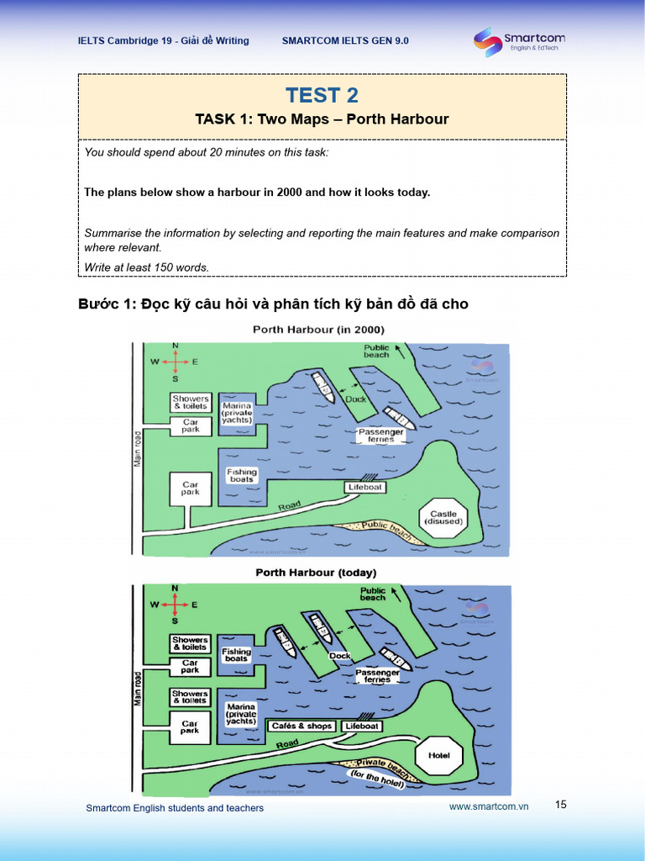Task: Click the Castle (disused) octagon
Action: (443, 517)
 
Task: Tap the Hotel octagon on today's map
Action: (439, 755)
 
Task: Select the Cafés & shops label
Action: (302, 726)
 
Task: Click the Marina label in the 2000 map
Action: (237, 413)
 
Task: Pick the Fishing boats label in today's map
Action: (236, 655)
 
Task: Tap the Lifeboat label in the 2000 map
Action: (365, 488)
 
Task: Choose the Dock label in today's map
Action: (340, 656)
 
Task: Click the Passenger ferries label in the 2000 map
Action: (380, 435)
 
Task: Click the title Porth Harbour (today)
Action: (316, 573)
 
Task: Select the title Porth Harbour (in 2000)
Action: (318, 330)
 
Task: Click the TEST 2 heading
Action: (322, 95)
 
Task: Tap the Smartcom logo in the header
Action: (518, 41)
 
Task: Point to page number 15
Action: (561, 805)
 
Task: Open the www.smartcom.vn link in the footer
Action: (489, 806)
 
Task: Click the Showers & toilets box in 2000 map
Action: (191, 402)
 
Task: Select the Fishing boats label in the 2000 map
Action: (241, 476)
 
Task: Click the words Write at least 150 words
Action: (146, 267)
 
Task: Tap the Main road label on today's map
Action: (137, 688)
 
